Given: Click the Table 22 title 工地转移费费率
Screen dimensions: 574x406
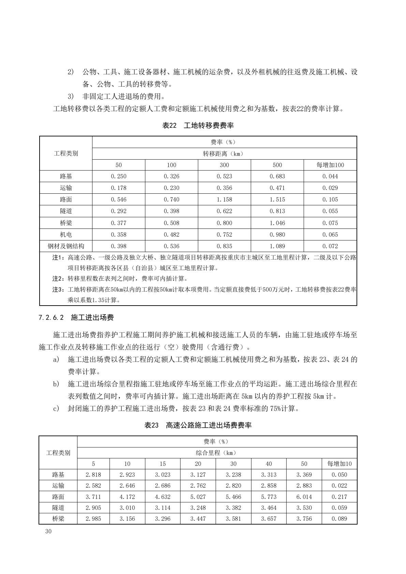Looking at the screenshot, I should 198,126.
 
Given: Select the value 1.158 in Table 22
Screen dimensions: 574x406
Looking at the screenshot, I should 224,200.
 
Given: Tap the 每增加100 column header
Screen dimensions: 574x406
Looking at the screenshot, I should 330,165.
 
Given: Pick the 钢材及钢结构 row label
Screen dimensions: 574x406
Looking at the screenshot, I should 66,246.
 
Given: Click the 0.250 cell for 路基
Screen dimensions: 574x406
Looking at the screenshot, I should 118,176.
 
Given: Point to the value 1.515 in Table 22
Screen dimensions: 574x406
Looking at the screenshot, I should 277,200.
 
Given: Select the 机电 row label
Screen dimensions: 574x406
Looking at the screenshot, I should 66,235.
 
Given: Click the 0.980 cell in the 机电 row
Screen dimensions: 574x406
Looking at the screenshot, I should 277,235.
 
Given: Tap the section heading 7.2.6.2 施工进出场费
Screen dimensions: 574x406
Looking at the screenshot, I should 76,318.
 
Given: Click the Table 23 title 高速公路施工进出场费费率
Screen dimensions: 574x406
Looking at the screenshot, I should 198,425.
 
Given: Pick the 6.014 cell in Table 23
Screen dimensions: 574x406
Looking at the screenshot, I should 304,497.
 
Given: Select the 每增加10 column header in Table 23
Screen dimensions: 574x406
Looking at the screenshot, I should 339,464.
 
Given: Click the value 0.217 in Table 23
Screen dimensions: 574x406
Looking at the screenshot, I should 339,497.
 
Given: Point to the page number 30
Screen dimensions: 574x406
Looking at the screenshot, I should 48,532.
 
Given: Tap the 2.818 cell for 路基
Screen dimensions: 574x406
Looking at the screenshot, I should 93,475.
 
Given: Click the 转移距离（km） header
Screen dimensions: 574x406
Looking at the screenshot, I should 224,154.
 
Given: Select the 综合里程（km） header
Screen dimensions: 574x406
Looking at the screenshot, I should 217,453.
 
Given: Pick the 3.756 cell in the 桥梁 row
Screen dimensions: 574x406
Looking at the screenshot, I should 304,519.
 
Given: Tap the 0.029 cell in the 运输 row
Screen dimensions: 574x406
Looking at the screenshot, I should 330,188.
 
